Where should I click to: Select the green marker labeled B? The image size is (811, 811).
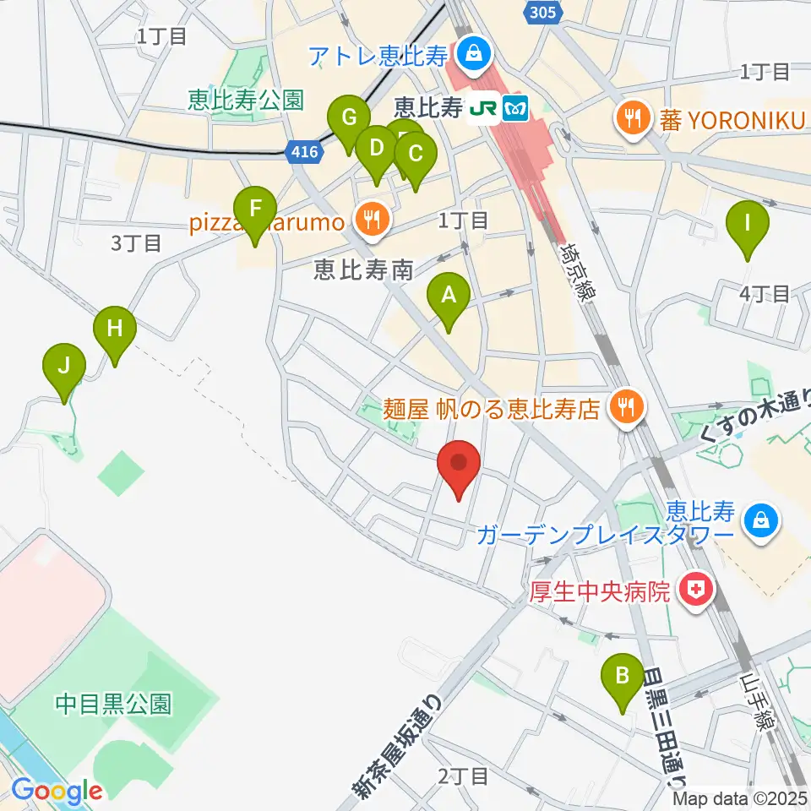point(623,675)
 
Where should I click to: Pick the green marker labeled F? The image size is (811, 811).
point(254,208)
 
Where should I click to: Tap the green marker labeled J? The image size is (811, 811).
point(65,367)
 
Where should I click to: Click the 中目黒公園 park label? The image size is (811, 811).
point(114,703)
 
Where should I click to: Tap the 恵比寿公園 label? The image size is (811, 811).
point(246,101)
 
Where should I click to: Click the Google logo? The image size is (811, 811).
point(57,791)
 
